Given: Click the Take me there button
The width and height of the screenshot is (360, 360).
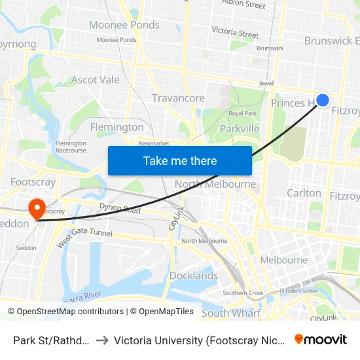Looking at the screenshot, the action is click(180, 160).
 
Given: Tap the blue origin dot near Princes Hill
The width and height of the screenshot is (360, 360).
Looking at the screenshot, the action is click(323, 100).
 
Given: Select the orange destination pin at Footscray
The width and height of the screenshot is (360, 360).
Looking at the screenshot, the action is click(37, 209).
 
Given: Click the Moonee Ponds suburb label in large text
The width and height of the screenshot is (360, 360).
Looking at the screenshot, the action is click(124, 25).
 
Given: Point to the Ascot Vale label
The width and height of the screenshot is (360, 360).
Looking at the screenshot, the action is click(96, 80).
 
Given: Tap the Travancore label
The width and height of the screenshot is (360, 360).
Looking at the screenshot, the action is click(178, 98).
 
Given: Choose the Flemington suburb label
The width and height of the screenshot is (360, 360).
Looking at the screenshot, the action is click(117, 127).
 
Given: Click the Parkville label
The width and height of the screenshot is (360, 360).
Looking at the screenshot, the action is click(240, 128).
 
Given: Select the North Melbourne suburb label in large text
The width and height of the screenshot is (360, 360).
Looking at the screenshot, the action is click(215, 184).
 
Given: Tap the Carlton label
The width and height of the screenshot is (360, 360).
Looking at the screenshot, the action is click(304, 193).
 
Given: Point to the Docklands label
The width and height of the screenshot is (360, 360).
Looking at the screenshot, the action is click(194, 276).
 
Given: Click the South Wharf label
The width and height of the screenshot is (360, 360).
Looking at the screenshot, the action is click(231, 313).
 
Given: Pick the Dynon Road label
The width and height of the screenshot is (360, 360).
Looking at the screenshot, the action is click(120, 209).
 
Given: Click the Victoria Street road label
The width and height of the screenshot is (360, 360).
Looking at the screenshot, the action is click(235, 32).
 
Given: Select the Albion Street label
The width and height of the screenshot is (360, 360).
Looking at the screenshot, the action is click(243, 5).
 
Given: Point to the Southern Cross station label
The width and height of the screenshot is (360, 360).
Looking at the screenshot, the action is click(243, 293).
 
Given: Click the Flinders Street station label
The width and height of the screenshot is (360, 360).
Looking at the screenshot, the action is click(298, 291).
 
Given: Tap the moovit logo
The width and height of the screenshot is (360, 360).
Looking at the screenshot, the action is click(321, 339).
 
